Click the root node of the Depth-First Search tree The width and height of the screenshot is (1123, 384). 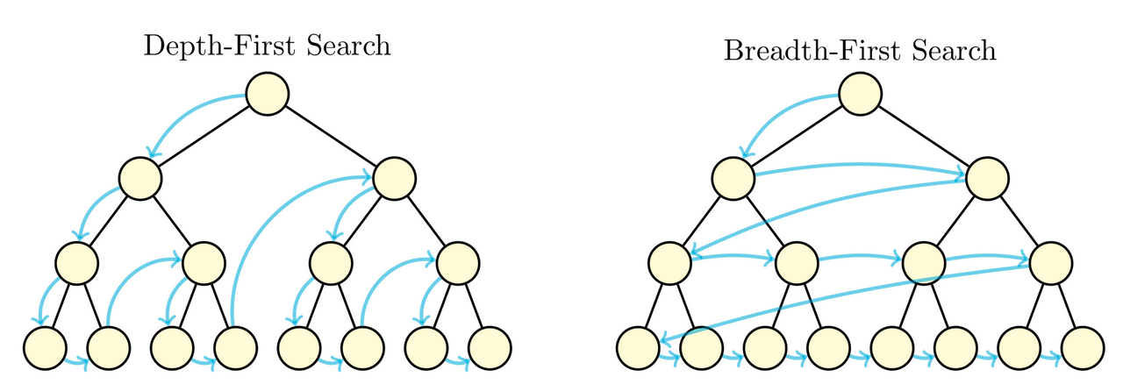pos(267,94)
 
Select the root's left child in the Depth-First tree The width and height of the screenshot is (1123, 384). pos(140,177)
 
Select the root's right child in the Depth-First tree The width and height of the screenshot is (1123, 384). pos(394,177)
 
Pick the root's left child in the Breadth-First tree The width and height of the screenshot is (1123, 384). pos(733,177)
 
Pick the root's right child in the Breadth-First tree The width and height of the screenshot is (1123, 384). pos(987,177)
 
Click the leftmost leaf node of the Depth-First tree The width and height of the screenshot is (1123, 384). pos(45,346)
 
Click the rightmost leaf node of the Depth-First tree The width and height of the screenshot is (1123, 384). pos(489,346)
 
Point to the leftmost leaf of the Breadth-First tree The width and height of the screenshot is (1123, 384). pos(638,346)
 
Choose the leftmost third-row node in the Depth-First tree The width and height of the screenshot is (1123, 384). pos(76,261)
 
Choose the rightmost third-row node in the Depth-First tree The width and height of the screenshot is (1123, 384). pos(457,261)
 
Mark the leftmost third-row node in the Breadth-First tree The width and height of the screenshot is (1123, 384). pos(669,261)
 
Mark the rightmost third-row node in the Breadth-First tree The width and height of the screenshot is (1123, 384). pos(1050,261)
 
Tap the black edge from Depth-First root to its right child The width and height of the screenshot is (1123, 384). pos(331,136)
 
